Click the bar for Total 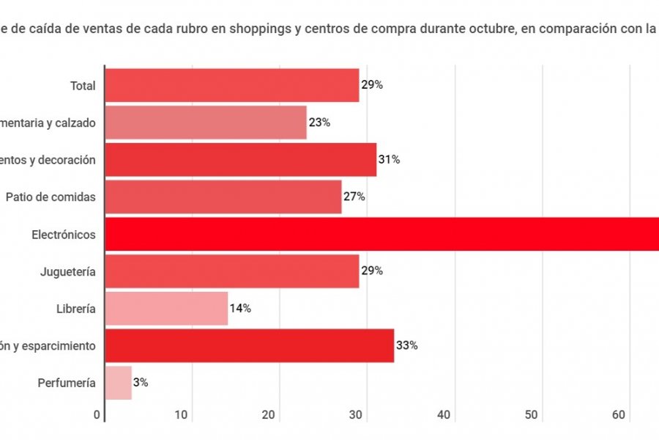pos(232,85)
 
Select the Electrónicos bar pos(381,234)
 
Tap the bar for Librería pos(166,308)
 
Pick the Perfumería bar pos(119,382)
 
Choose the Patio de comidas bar pos(223,197)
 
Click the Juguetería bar pos(232,271)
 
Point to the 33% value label pos(407,345)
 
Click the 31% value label pos(389,159)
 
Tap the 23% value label pos(319,122)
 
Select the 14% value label pos(240,308)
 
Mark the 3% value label pos(141,382)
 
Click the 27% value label pos(354,197)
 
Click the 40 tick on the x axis pos(443,415)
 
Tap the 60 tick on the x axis pos(619,415)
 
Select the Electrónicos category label pos(64,235)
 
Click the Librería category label pos(76,309)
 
